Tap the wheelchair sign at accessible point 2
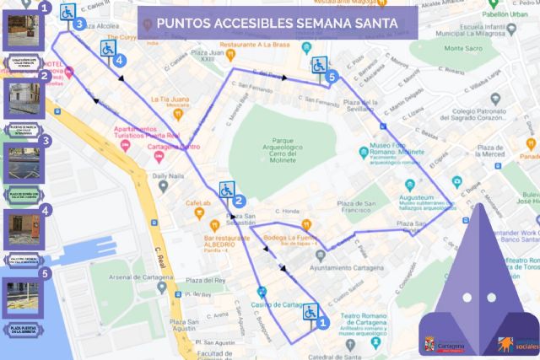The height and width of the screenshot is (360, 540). (227, 190)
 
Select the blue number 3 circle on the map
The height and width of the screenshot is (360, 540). (78, 24)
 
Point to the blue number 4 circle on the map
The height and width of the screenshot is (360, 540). (120, 61)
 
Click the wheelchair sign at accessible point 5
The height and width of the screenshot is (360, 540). (319, 65)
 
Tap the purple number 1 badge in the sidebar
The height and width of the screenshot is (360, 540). (45, 9)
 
